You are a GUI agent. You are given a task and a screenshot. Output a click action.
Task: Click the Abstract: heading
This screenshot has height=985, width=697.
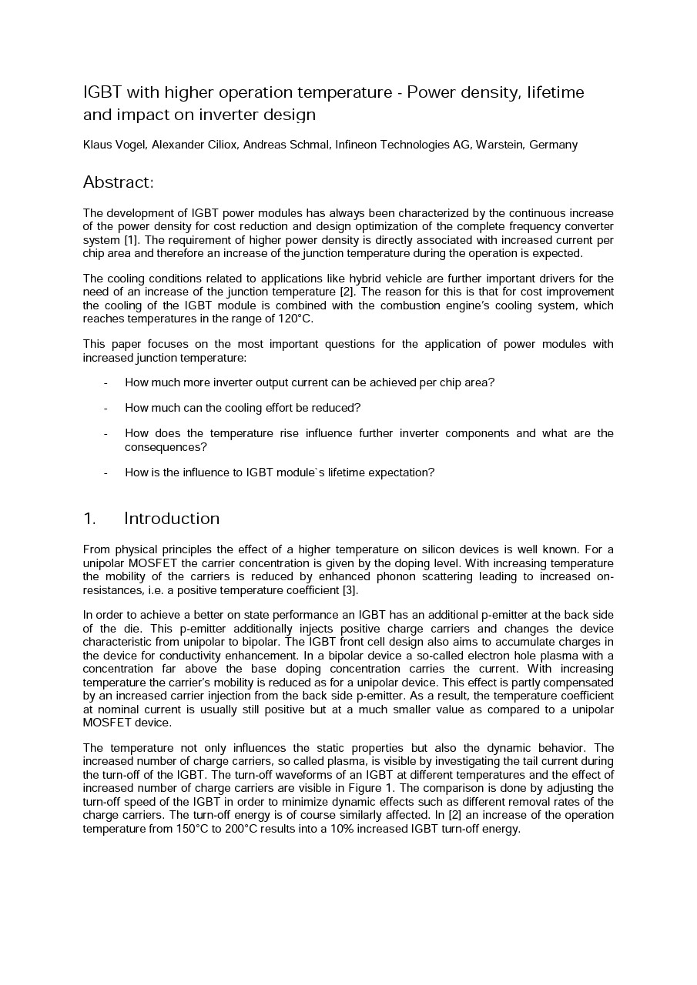coord(119,182)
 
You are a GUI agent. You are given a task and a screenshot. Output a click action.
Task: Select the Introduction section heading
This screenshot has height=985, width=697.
coord(172,519)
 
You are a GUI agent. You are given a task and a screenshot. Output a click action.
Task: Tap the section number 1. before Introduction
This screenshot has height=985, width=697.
coord(89,519)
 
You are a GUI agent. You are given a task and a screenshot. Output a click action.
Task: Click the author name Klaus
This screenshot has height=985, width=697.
coord(97,145)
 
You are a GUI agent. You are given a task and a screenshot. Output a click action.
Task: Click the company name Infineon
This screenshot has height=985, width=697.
coord(359,145)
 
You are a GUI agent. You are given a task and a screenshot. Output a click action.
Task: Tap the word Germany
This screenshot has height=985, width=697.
coord(553,145)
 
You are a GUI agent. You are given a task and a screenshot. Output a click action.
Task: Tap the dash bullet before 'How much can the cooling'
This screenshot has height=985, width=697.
coord(106,408)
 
